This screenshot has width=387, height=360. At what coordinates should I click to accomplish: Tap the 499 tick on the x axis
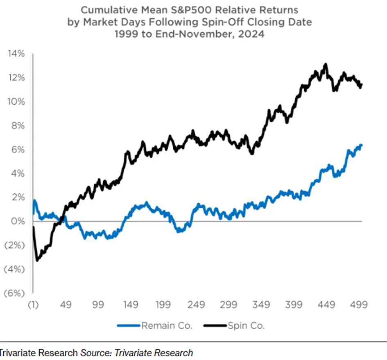coord(359,305)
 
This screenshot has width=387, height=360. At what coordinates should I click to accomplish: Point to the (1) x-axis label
coord(33,305)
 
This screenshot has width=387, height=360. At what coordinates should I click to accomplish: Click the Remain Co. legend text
coord(167,326)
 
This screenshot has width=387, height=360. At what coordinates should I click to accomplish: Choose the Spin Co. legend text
coord(247,326)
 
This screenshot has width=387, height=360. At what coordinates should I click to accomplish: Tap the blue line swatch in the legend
coord(129,326)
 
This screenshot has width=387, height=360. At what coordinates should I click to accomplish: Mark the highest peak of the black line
coord(326,64)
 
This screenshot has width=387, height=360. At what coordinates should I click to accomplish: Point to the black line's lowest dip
coord(37,260)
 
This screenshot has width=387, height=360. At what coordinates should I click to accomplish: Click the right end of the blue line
coord(361,145)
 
